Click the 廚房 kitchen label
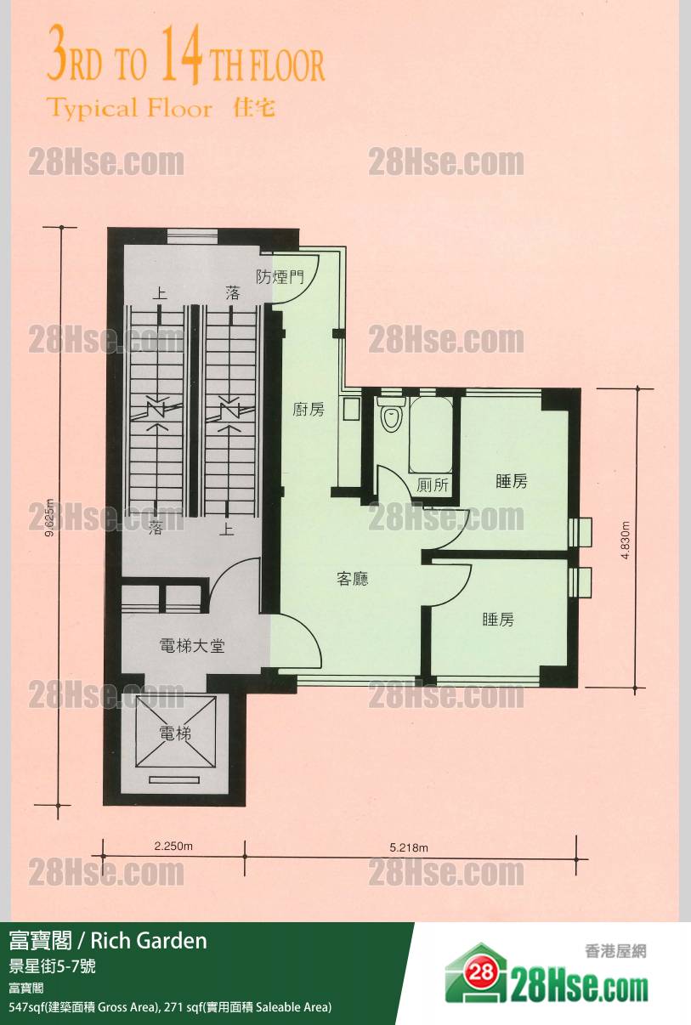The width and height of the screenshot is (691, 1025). (309, 409)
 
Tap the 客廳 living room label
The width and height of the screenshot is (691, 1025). (352, 579)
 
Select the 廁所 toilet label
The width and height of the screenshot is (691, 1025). (432, 485)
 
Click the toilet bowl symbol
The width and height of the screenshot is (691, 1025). (391, 413)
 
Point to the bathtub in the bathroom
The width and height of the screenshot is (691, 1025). (431, 433)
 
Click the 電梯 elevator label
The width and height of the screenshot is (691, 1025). (175, 734)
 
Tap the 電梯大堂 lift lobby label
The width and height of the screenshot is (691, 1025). (192, 646)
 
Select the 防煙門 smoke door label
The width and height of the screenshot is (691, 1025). (280, 277)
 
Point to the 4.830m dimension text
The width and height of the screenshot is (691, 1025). (626, 540)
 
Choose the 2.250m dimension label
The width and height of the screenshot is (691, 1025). (173, 846)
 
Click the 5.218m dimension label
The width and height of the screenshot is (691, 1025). (409, 847)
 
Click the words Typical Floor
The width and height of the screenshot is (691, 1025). (130, 109)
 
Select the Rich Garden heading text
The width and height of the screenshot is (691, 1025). (149, 941)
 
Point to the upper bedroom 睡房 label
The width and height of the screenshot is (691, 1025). (511, 481)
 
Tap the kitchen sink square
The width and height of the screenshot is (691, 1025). (351, 409)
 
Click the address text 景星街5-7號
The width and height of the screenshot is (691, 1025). (52, 966)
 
